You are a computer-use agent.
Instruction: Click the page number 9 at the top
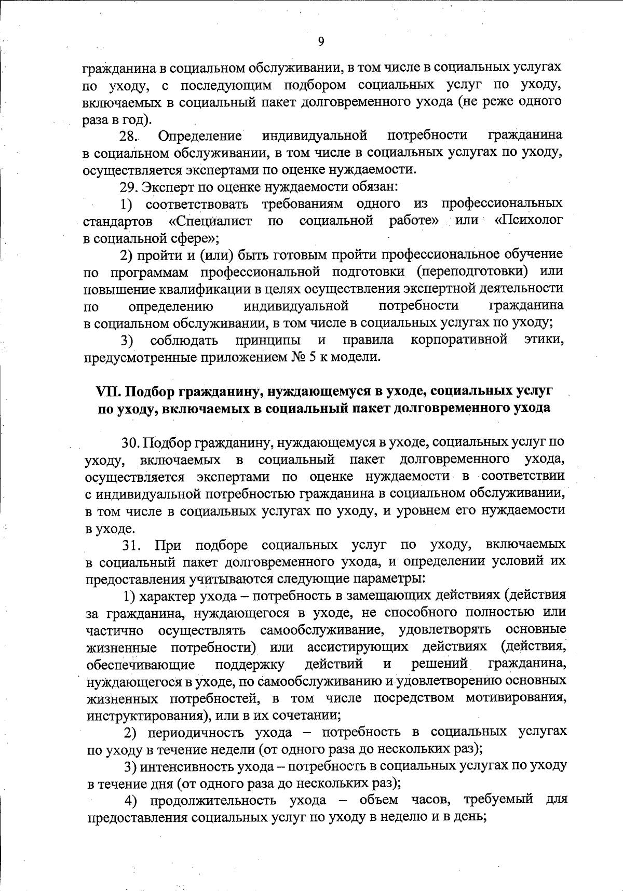pyautogui.click(x=321, y=42)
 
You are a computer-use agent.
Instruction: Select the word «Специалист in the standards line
pyautogui.click(x=211, y=221)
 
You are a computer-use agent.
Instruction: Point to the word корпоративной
pyautogui.click(x=458, y=340)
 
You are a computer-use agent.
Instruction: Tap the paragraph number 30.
pyautogui.click(x=131, y=442)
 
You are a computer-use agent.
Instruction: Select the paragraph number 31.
pyautogui.click(x=131, y=545)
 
